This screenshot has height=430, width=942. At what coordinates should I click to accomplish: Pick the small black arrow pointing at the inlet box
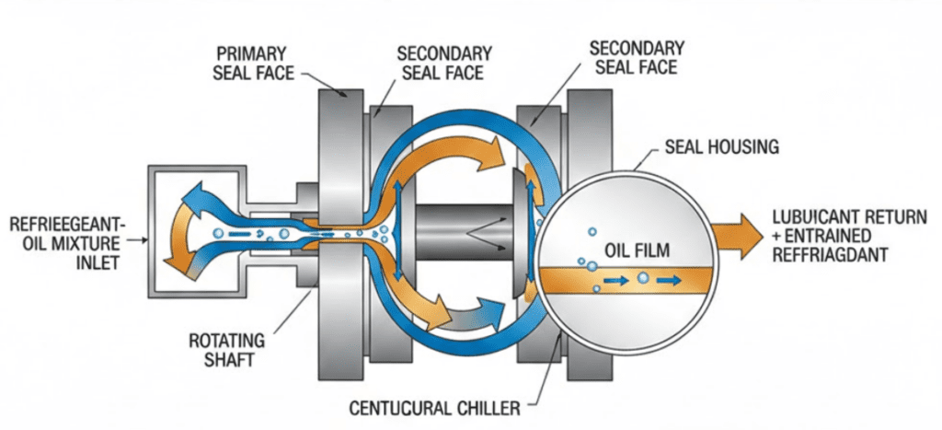click(x=138, y=240)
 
